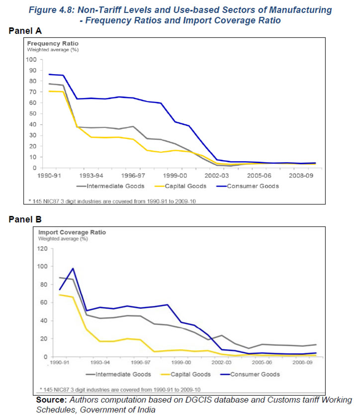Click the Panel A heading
25,31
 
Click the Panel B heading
25,219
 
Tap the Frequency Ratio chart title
53,43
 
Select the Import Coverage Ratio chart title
72,232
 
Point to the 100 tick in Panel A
31,59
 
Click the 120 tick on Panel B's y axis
42,249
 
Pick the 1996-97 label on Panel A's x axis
133,176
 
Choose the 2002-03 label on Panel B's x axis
221,362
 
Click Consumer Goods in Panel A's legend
253,186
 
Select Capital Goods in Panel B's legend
190,374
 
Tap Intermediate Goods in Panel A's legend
115,186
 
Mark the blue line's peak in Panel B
73,268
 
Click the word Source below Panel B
51,400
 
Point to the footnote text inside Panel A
112,201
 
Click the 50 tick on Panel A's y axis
33,113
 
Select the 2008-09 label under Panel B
302,362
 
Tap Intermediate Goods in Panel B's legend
123,374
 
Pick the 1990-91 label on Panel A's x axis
49,176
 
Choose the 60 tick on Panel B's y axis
44,303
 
